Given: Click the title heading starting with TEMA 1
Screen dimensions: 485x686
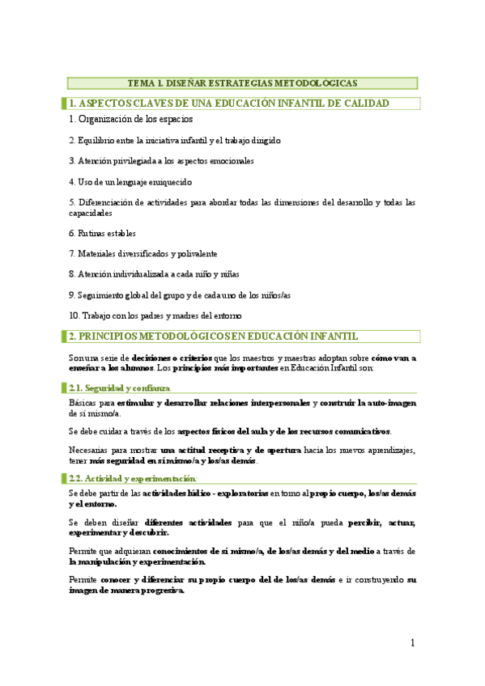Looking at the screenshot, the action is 242,83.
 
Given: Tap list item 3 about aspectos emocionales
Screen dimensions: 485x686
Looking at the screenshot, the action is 161,161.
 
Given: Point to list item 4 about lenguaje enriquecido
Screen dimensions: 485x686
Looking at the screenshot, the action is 130,182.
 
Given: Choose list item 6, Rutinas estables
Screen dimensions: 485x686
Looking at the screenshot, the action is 104,233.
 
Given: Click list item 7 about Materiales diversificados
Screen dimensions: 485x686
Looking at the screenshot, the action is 143,254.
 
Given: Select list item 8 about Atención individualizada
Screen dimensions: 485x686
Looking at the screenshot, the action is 154,274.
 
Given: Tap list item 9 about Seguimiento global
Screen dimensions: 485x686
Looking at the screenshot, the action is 179,295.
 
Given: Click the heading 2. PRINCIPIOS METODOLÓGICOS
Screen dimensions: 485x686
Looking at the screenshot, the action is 213,337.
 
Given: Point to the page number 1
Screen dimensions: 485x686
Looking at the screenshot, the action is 412,643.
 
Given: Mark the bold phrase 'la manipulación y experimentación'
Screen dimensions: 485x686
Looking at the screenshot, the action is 138,561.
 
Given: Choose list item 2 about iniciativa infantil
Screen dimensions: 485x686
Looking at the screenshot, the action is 174,141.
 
